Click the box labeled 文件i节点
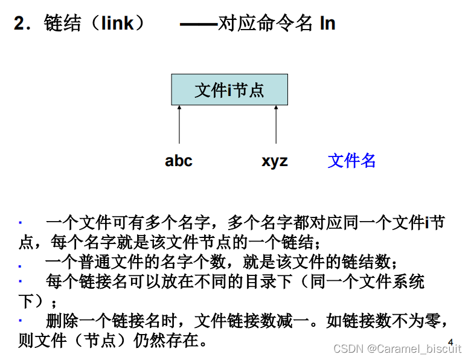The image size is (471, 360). (x=229, y=90)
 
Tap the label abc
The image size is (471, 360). (x=179, y=161)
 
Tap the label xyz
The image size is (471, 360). (x=275, y=161)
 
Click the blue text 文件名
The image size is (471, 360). (x=351, y=161)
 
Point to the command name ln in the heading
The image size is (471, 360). (x=328, y=24)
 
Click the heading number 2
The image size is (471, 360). (x=22, y=24)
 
